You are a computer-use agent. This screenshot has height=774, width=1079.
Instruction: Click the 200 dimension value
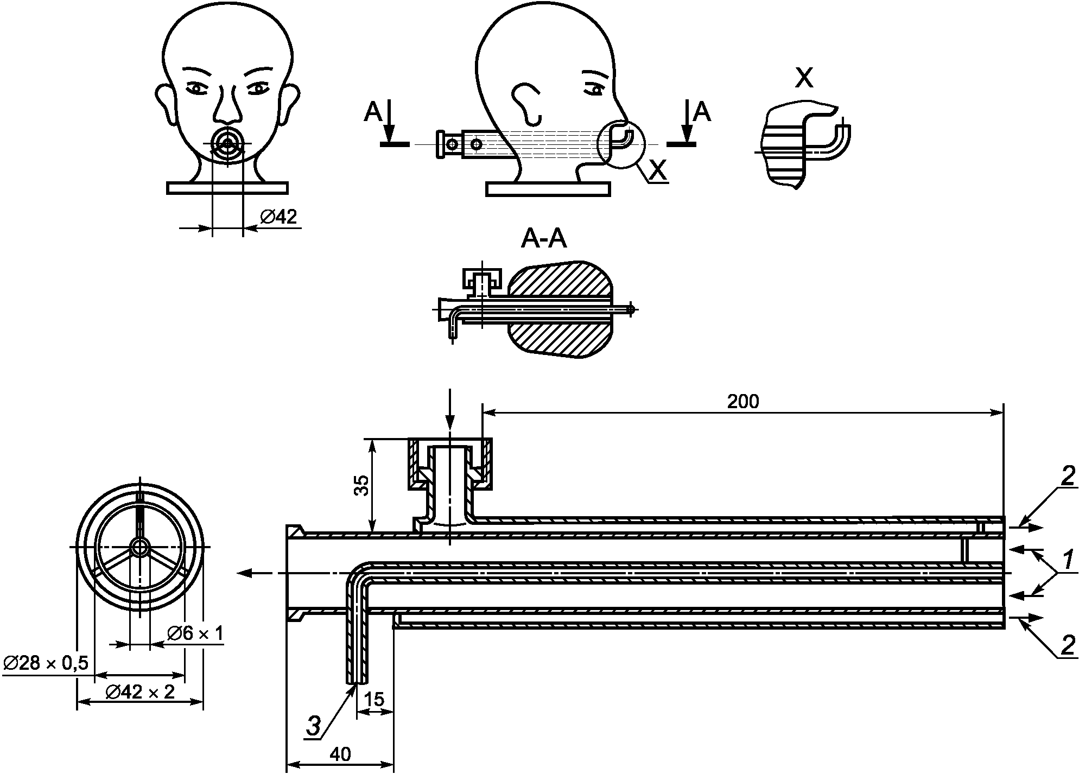742,402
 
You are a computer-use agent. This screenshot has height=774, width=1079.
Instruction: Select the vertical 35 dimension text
361,485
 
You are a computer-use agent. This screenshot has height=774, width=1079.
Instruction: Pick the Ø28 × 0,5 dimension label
46,663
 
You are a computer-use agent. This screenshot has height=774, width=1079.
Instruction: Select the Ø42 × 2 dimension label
140,692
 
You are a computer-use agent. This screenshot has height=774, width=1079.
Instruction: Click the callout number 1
1067,560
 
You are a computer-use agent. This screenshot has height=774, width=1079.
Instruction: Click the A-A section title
544,239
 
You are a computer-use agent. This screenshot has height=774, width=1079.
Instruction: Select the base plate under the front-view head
227,188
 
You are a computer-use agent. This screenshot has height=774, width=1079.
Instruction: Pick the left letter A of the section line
373,112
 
